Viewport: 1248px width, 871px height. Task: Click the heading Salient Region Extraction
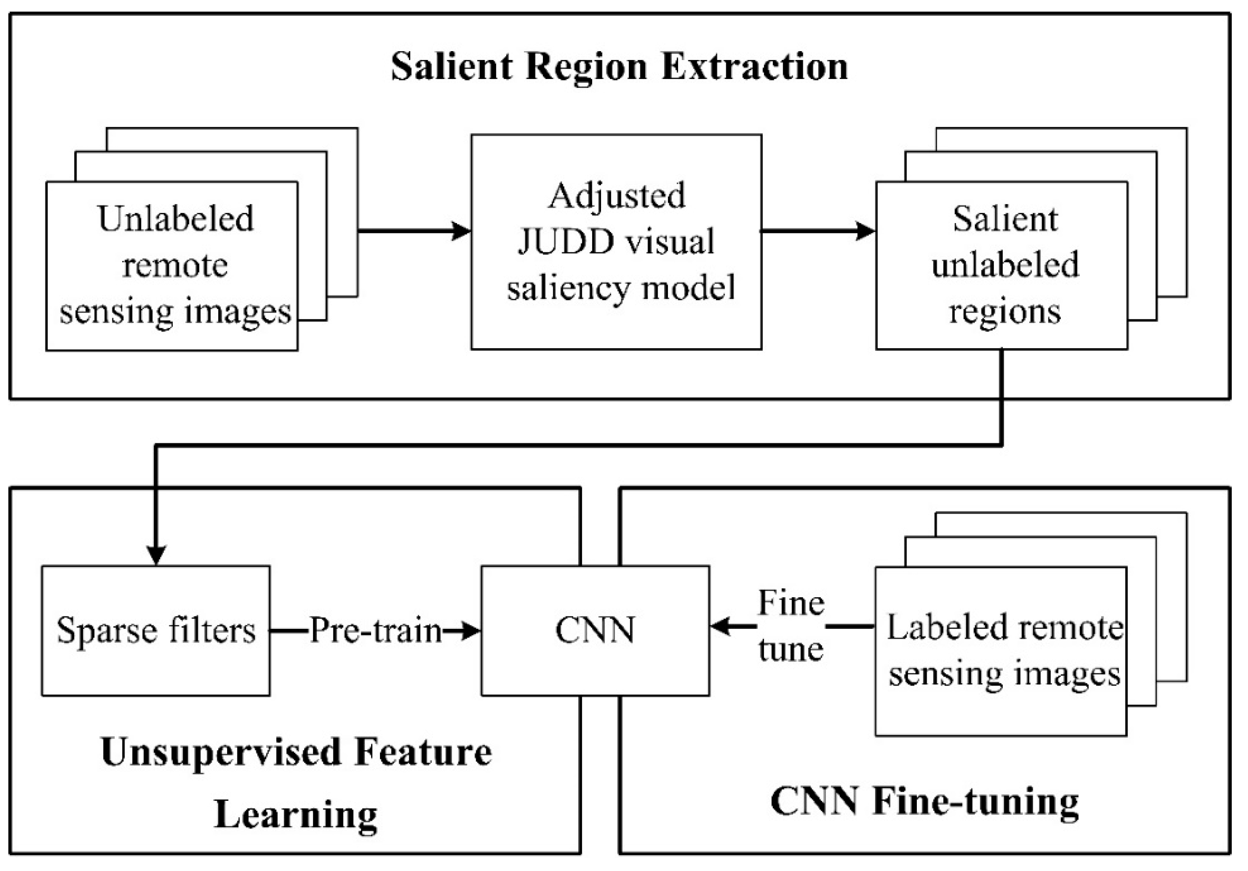(619, 67)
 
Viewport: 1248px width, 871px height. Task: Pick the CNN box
(595, 631)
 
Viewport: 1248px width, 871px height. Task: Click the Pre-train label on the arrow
(376, 631)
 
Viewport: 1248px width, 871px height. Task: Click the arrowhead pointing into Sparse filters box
(156, 555)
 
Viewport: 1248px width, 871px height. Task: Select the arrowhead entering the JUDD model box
(462, 231)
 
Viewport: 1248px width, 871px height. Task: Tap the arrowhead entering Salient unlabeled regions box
(866, 231)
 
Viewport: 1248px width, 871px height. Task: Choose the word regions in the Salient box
(1005, 312)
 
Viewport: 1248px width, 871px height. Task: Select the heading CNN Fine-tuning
(925, 801)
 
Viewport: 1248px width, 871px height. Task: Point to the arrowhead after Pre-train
(470, 631)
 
